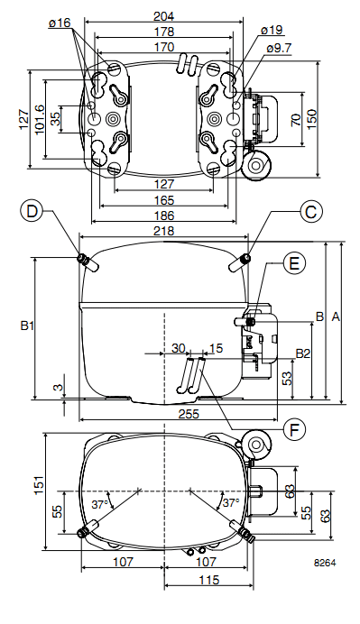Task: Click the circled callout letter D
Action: pos(31,210)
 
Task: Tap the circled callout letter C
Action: pos(310,211)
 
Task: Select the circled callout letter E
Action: pos(294,263)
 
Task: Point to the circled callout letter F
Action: pos(294,429)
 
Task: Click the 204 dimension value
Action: pos(164,16)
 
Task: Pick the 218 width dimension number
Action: pos(164,231)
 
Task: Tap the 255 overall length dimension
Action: pos(189,414)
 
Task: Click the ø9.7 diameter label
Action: pos(279,48)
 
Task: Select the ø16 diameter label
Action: pos(60,23)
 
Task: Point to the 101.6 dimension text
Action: pos(41,119)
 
